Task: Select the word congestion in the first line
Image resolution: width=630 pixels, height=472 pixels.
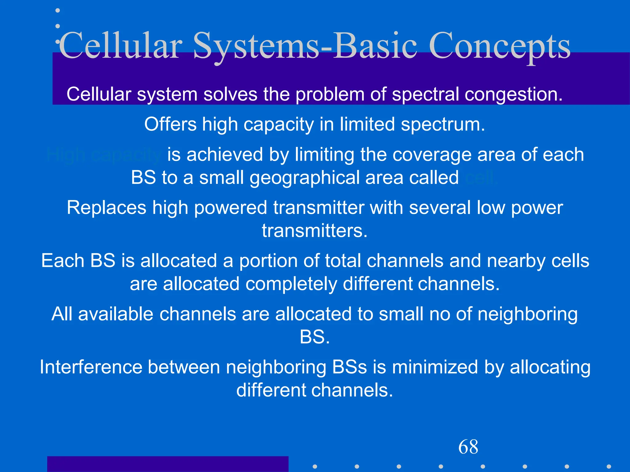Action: click(x=513, y=95)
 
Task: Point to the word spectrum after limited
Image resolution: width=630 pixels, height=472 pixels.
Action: click(x=443, y=125)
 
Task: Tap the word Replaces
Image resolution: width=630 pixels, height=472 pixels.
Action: click(x=106, y=208)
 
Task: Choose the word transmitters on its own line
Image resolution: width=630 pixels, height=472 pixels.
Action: click(x=315, y=231)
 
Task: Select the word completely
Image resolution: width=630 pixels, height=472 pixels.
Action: click(x=291, y=284)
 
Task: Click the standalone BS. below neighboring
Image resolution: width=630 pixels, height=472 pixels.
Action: click(x=315, y=337)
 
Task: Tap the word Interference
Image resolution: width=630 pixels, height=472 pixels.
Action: click(x=91, y=367)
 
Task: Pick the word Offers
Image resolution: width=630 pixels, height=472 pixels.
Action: click(x=170, y=124)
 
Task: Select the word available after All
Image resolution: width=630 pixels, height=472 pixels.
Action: click(x=116, y=314)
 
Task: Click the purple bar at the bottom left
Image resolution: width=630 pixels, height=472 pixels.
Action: click(x=168, y=464)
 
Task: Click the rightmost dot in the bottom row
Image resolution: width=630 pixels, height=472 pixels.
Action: click(x=608, y=466)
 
